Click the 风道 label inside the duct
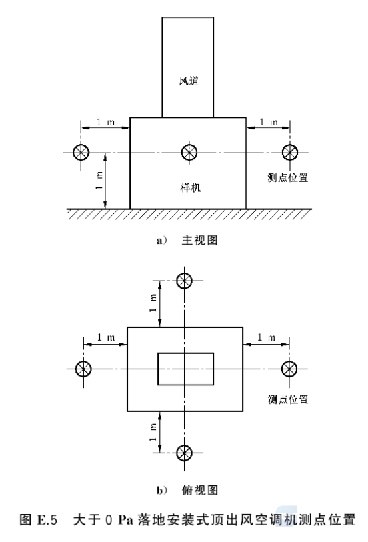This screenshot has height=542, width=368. tap(189, 81)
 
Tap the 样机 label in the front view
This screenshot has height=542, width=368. tap(191, 188)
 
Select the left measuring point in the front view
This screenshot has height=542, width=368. tap(81, 152)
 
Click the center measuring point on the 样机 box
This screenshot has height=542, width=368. tap(189, 152)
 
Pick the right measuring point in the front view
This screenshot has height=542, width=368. tap(290, 152)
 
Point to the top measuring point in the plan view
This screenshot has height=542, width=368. tap(184, 280)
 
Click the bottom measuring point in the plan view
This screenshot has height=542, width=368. tap(184, 453)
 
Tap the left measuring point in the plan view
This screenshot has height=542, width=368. tap(83, 369)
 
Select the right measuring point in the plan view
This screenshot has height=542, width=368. tap(289, 369)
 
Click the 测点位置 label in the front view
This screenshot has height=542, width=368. tap(287, 178)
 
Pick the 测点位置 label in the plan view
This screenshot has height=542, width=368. tap(287, 399)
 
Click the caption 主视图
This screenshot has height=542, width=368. tap(200, 240)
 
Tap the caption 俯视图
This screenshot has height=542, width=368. tap(200, 490)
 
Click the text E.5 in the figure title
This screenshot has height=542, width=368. tap(47, 520)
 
